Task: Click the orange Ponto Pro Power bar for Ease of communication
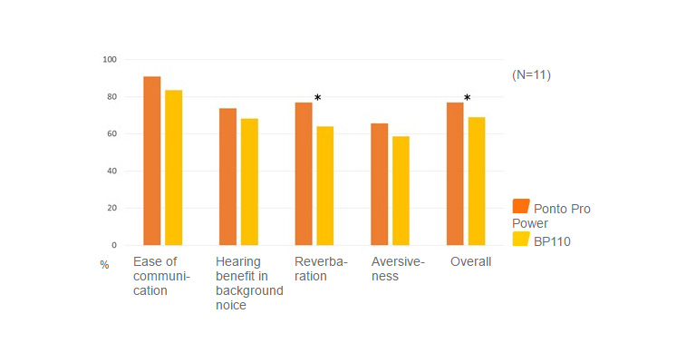coord(151,161)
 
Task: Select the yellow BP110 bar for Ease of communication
coord(173,168)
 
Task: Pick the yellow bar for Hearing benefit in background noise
coord(249,181)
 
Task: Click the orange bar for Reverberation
coord(304,173)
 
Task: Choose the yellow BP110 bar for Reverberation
coord(325,186)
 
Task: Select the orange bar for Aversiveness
coord(380,184)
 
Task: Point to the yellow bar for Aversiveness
coord(401,191)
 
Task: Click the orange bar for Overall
coord(455,173)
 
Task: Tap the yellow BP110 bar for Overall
coord(477,181)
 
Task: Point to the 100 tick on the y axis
coord(110,60)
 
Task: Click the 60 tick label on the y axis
coord(112,134)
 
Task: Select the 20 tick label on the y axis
coord(112,208)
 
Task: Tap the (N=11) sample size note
coord(531,74)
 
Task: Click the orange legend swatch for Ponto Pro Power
coord(521,206)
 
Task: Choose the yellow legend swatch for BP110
coord(521,239)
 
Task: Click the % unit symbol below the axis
coord(104,265)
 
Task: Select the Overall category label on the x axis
coord(471,261)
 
